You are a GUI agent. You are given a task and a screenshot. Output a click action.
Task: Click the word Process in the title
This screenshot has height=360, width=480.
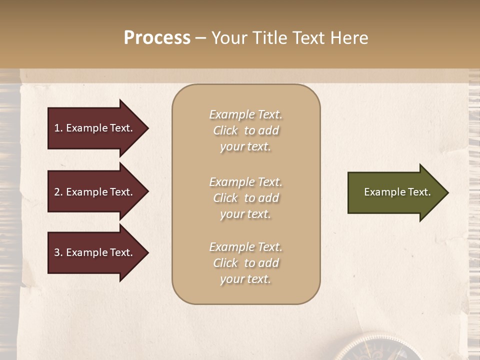[x=157, y=38]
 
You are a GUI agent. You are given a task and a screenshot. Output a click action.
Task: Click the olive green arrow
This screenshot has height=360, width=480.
[x=395, y=192]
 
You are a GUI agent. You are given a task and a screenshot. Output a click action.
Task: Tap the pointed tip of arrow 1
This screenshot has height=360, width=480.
[x=147, y=128]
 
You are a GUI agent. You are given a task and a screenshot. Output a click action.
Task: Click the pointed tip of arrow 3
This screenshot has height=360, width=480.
[x=147, y=252]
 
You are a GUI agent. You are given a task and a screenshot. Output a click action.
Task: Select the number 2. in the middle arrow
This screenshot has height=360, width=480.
[x=58, y=192]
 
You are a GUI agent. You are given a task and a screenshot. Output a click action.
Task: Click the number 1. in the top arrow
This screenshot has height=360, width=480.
[x=58, y=128]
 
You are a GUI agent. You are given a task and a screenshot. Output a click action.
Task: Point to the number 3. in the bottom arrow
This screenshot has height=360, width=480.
[x=58, y=252]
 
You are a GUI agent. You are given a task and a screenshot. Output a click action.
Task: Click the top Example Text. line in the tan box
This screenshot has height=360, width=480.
[x=245, y=114]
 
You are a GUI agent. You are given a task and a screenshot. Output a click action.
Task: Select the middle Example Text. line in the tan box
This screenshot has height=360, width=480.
[x=245, y=182]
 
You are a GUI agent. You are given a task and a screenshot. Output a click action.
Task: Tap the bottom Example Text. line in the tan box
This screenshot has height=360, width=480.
[x=245, y=247]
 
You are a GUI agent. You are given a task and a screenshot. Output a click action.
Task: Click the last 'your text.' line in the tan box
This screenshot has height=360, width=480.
[x=245, y=279]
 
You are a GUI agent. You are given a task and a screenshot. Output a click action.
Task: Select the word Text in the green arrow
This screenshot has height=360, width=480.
[x=419, y=192]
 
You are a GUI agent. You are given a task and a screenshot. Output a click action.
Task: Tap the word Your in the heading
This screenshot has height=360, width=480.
[x=229, y=38]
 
